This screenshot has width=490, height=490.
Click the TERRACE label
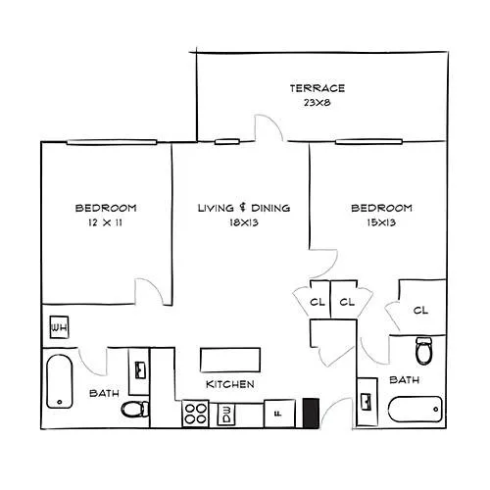coord(318,88)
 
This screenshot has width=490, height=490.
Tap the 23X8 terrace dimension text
coord(318,103)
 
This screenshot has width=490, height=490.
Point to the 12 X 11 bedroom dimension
coord(105,222)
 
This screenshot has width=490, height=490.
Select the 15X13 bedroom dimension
coord(381,222)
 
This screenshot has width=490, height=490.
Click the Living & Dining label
coord(244,208)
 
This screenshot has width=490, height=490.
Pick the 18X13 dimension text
coord(244,222)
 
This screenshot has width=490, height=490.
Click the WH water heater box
coord(59,327)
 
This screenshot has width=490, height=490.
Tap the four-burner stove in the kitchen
coord(195,414)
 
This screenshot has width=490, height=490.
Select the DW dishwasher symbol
coord(226,415)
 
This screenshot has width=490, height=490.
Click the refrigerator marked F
coord(279,414)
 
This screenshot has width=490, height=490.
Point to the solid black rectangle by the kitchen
coord(311,413)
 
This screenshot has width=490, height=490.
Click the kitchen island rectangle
coord(230,360)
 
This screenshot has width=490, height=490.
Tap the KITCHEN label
coord(230,384)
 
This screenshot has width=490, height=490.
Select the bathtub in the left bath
coord(59,381)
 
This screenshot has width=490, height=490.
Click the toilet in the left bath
coord(135,409)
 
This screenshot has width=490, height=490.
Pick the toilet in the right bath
coord(423,350)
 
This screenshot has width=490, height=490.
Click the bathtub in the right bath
coord(416,409)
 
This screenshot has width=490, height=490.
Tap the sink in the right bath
coord(367,402)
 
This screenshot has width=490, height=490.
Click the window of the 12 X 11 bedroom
coord(112,142)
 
